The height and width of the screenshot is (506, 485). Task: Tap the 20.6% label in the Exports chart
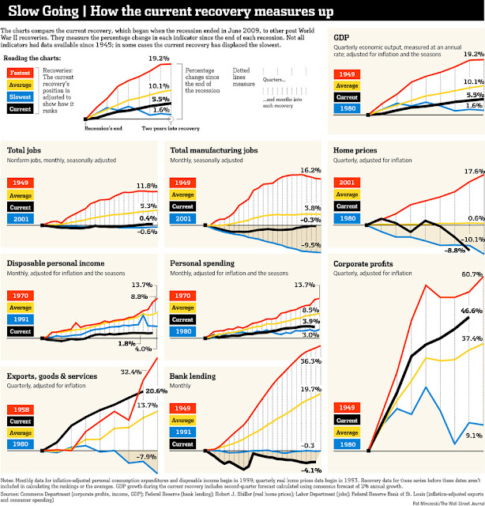coord(156,391)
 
